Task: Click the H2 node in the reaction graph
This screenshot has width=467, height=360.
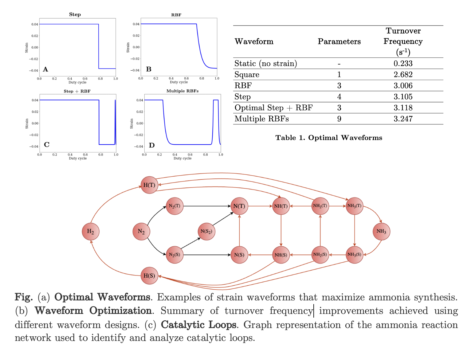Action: (x=91, y=232)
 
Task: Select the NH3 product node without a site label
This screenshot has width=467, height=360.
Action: (x=381, y=231)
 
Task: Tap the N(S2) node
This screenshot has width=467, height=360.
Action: (x=206, y=232)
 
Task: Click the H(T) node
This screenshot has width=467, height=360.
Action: (x=149, y=185)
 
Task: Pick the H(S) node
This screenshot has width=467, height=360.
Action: (x=149, y=276)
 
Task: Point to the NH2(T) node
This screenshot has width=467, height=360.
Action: (x=320, y=206)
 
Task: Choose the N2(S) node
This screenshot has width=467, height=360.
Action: (x=175, y=255)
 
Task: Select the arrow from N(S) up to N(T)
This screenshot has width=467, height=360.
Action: (x=239, y=230)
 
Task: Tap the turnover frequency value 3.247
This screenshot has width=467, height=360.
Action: (x=403, y=119)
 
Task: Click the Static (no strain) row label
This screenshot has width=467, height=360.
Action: (x=266, y=64)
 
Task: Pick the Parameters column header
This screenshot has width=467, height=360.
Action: (x=339, y=41)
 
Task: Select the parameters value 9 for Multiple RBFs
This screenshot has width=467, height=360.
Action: (x=339, y=119)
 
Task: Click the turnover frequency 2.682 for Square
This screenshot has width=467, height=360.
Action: (x=403, y=75)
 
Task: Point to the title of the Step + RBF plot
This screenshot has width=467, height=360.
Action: (x=77, y=91)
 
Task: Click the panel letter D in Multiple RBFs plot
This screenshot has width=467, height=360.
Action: (x=152, y=145)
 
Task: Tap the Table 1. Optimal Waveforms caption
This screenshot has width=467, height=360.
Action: (x=329, y=138)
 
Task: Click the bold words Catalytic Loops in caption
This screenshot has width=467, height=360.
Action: (x=198, y=325)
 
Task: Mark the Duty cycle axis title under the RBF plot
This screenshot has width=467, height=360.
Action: (x=179, y=82)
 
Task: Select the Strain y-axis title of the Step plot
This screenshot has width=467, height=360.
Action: (x=27, y=48)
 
